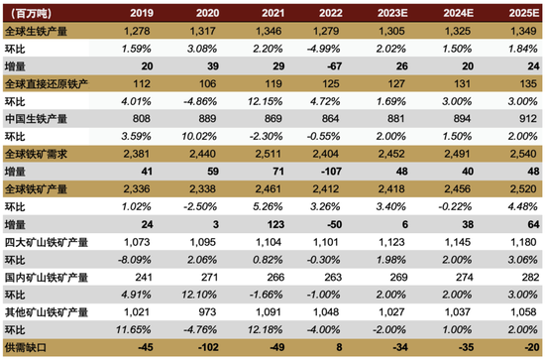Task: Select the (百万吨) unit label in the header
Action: click(30, 14)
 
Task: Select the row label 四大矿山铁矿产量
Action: click(46, 240)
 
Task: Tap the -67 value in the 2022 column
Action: click(333, 65)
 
